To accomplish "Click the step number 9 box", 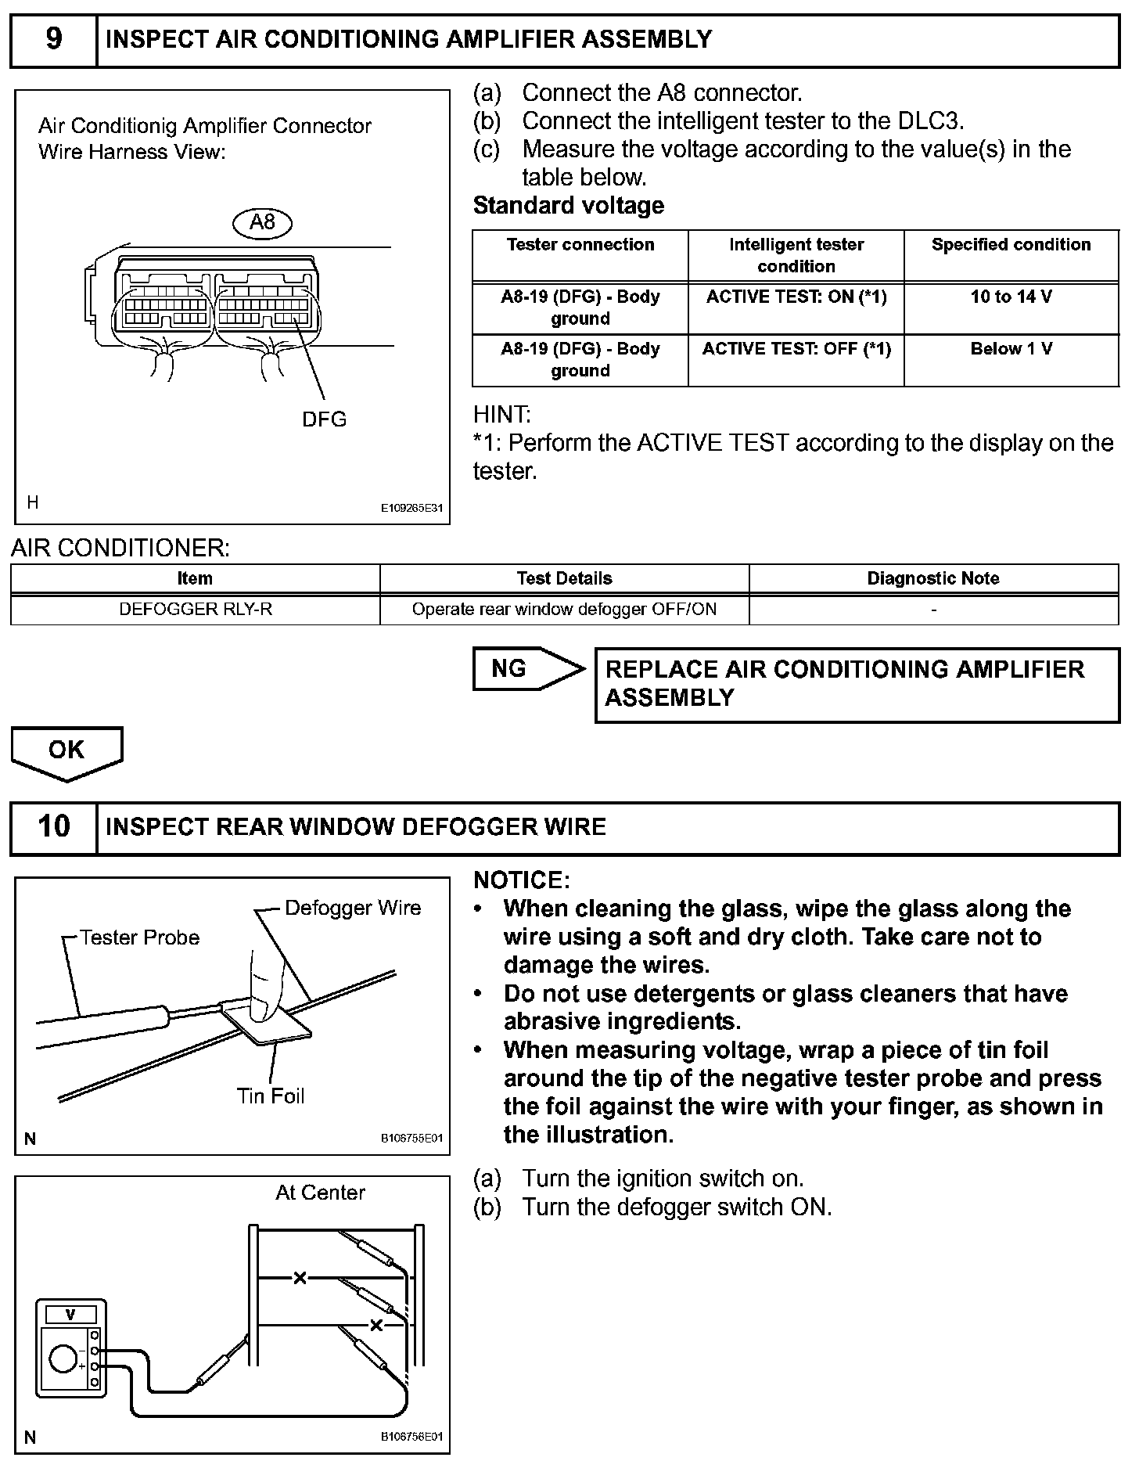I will [x=53, y=39].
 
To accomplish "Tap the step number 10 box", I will [x=53, y=826].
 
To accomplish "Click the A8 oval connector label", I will [x=262, y=223].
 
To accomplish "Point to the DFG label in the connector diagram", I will [x=324, y=419].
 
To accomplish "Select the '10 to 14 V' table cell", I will [x=1011, y=297].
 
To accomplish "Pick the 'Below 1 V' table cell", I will [x=1011, y=349].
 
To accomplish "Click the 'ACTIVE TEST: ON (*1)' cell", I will [x=796, y=297].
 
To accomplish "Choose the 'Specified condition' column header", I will [x=1011, y=245].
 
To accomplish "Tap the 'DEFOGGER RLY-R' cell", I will [x=196, y=609].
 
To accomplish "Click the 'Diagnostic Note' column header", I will [x=933, y=578].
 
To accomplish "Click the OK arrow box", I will [x=66, y=751].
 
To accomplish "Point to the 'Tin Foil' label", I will [x=271, y=1096].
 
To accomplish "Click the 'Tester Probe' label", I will [x=139, y=937].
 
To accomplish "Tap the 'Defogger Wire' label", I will [x=353, y=908].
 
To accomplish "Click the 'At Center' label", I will [x=320, y=1193].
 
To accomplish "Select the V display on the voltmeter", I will [x=70, y=1315].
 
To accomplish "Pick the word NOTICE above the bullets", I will [x=522, y=880].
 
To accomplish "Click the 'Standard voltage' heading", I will [x=569, y=206].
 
